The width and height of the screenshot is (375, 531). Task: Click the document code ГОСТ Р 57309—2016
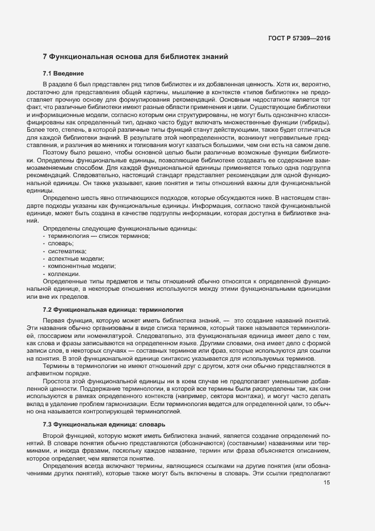[x=298, y=39]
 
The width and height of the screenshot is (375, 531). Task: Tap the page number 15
[x=326, y=483]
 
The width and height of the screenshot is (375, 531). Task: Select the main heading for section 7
[x=136, y=57]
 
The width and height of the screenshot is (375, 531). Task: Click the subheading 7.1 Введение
[x=64, y=74]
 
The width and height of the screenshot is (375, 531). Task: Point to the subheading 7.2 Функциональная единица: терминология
[x=112, y=310]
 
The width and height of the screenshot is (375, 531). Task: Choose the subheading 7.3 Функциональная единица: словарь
[x=105, y=424]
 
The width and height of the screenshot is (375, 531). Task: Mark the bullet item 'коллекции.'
[x=64, y=274]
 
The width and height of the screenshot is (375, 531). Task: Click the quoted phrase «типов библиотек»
[x=258, y=91]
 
